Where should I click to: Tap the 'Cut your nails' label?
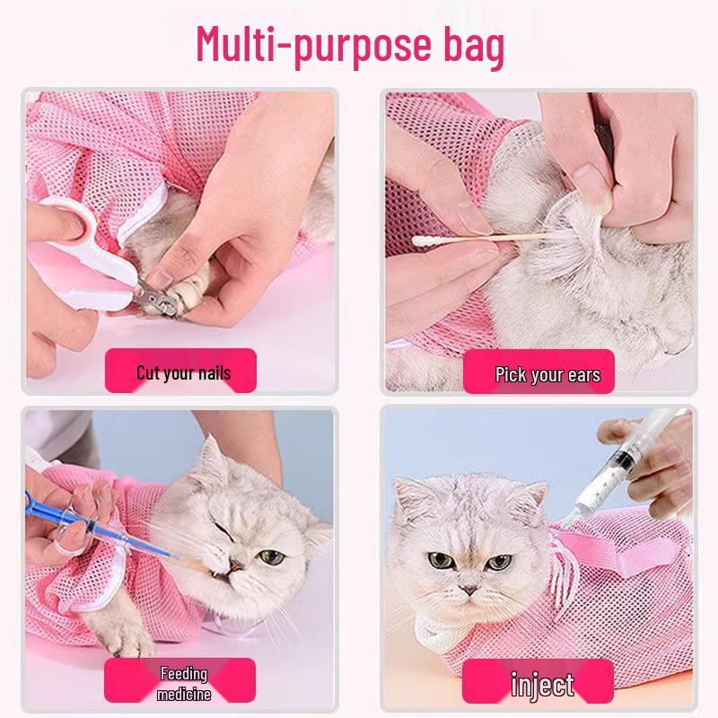coord(182,371)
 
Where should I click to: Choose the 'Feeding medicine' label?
coord(183,683)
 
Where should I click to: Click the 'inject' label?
coord(542,686)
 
